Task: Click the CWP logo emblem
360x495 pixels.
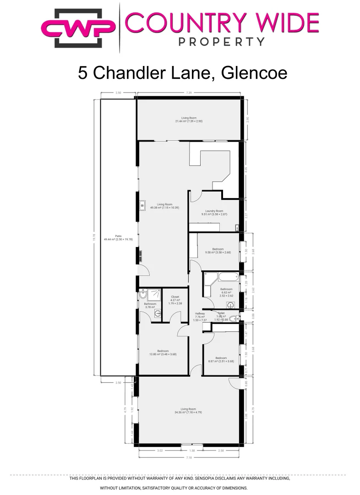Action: pos(78,27)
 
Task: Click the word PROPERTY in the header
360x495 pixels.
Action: pos(221,42)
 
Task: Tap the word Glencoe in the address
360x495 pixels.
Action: pos(254,73)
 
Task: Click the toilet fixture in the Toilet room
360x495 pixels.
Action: pos(233,319)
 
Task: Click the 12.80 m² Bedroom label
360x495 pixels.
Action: pos(163,352)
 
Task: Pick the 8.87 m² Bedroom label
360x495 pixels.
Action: pos(221,359)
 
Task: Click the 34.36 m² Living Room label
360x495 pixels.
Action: pos(188,410)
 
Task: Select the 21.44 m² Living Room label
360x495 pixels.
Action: pos(189,120)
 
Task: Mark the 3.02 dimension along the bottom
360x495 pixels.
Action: pos(160,451)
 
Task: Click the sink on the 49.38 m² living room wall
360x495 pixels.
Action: pos(142,204)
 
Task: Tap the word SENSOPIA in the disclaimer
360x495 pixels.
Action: pos(208,478)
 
